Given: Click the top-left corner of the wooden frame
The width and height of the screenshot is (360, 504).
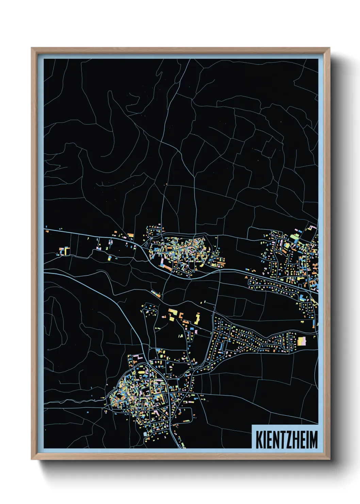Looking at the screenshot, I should click(x=32, y=48).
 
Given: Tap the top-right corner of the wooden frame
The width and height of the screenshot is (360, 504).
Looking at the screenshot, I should click(x=329, y=48).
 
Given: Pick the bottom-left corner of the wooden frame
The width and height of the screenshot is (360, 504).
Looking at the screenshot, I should click(x=32, y=459).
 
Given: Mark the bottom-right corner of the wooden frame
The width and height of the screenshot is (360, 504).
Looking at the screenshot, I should click(x=329, y=459).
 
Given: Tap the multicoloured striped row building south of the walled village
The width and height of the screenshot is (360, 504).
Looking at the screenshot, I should click(x=157, y=293).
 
